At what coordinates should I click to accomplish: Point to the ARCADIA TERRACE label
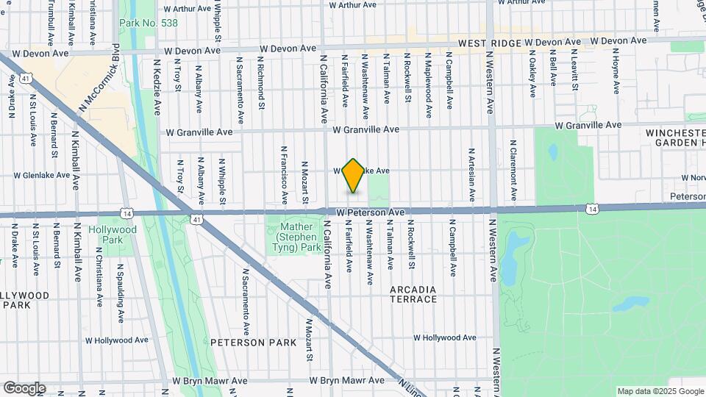click(413, 294)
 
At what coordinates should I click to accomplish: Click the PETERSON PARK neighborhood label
click(243, 343)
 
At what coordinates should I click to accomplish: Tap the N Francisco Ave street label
click(283, 174)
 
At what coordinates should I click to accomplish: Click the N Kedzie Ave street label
click(157, 87)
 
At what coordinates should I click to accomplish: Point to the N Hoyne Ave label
click(616, 74)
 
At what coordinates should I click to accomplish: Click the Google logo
click(24, 387)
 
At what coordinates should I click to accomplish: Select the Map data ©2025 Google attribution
click(660, 391)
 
